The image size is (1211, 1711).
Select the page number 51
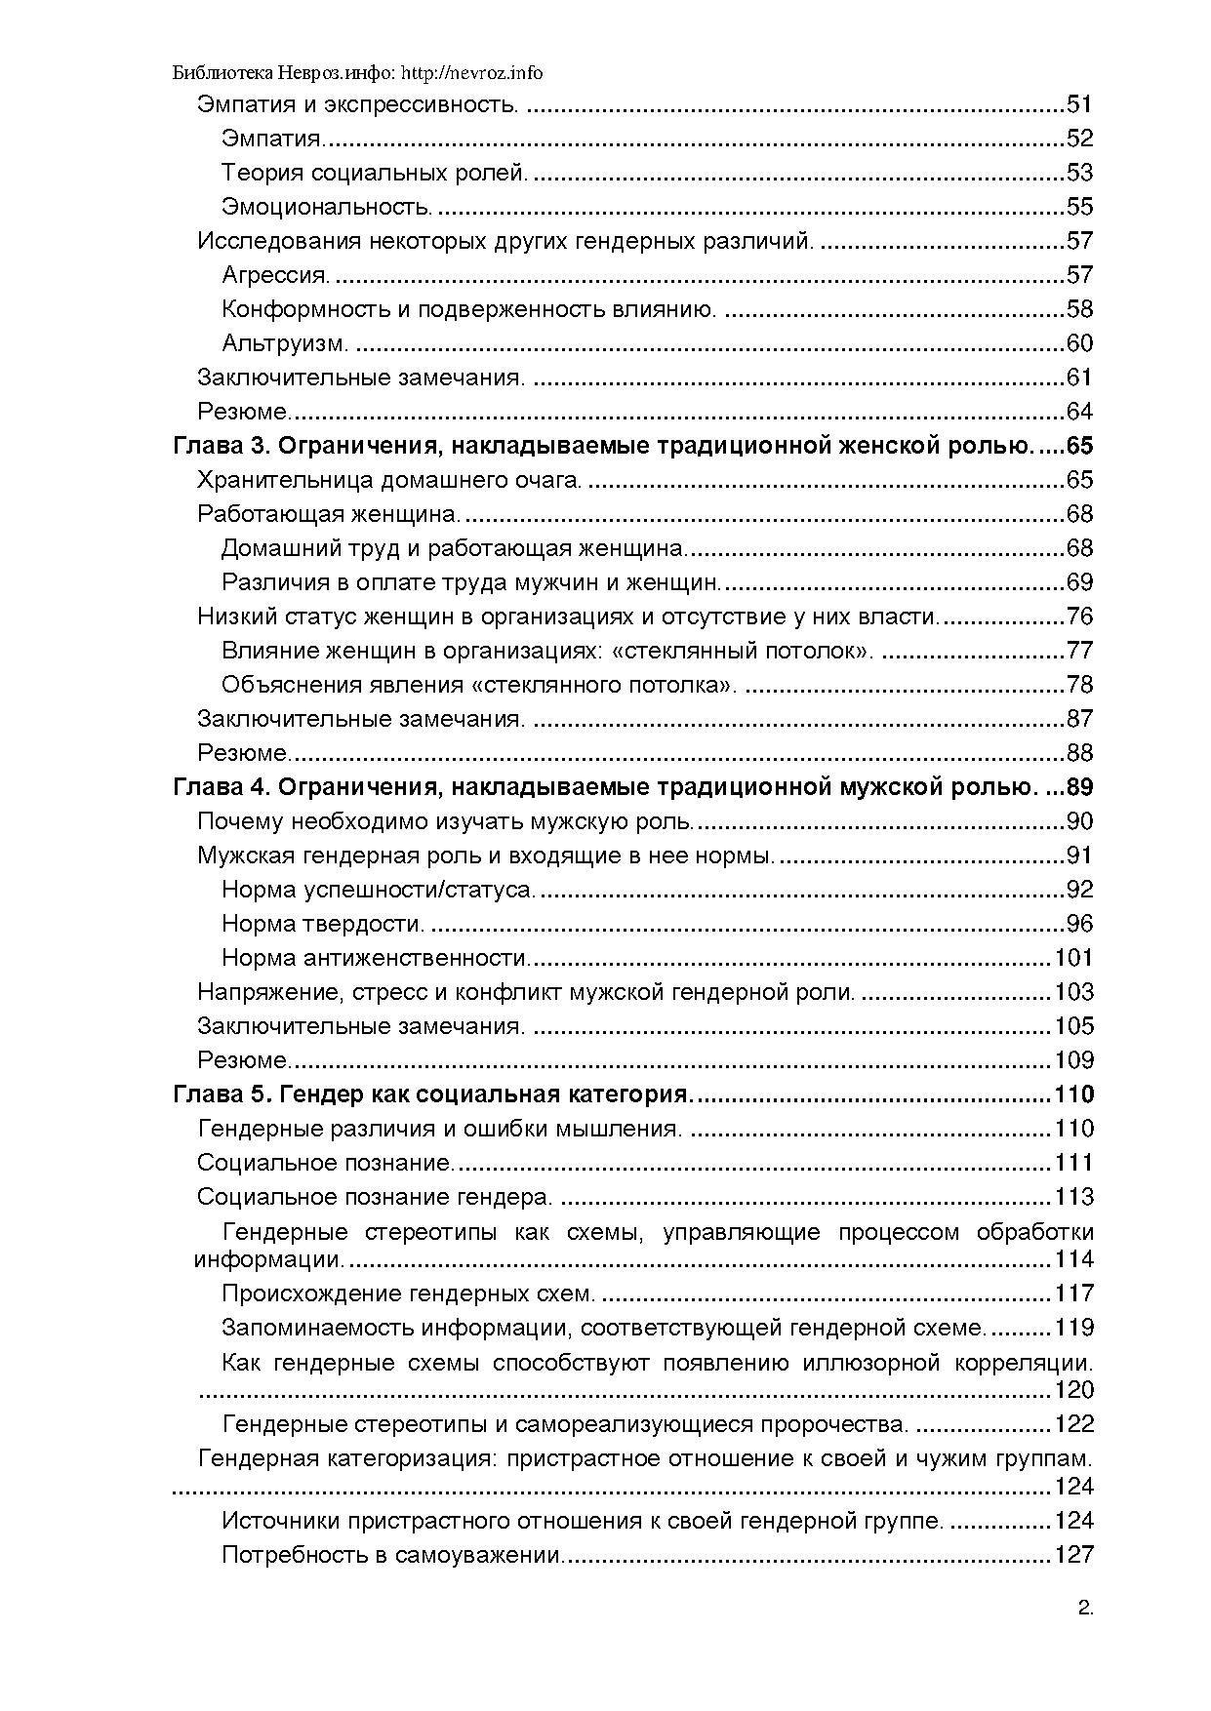1079,104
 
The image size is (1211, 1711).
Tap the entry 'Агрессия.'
276,275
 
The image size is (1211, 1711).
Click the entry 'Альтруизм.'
285,343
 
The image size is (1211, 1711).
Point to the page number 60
1079,343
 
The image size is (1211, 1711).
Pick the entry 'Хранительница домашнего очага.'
389,480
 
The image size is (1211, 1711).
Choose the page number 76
1079,617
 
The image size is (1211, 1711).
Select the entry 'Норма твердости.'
323,924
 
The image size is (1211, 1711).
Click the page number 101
1074,958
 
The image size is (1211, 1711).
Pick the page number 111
1074,1163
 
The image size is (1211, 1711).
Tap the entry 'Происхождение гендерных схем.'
409,1293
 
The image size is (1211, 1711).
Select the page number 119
1074,1328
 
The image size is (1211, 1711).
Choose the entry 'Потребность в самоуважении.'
393,1555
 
